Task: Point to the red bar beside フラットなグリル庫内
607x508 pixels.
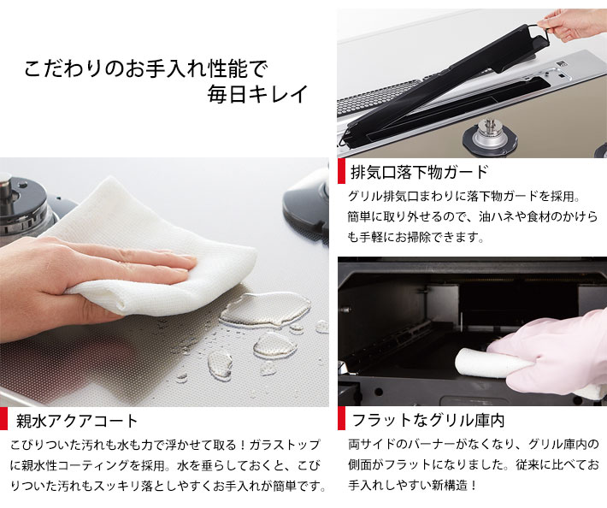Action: pos(342,420)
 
